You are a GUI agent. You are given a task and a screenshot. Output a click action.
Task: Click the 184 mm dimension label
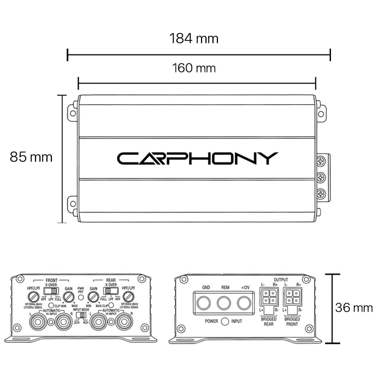194,38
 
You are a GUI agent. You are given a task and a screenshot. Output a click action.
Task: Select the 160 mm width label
194,68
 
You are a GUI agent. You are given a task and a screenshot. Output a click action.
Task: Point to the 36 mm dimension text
354,307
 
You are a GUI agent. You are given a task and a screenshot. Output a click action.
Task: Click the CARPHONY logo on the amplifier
197,158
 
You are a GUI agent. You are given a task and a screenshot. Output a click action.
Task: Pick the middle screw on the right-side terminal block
321,177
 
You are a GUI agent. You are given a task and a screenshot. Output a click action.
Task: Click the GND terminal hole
203,303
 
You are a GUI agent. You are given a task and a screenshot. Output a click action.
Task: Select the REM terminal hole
223,303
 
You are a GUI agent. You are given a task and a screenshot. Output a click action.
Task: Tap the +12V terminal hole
244,303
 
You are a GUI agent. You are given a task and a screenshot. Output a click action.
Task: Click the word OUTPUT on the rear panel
281,280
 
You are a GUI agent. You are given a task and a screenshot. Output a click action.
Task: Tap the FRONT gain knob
68,297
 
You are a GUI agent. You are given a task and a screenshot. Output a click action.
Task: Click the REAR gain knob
94,297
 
